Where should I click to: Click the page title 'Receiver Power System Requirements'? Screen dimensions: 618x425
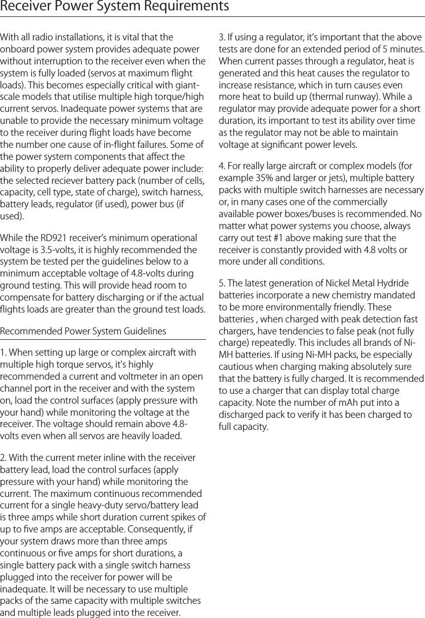tap(114, 7)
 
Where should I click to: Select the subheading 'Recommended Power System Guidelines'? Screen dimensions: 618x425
tap(83, 331)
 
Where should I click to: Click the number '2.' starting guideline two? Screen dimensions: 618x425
tap(4, 458)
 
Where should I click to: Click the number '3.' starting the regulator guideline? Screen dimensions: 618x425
tap(222, 37)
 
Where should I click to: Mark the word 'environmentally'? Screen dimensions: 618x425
tap(302, 307)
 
